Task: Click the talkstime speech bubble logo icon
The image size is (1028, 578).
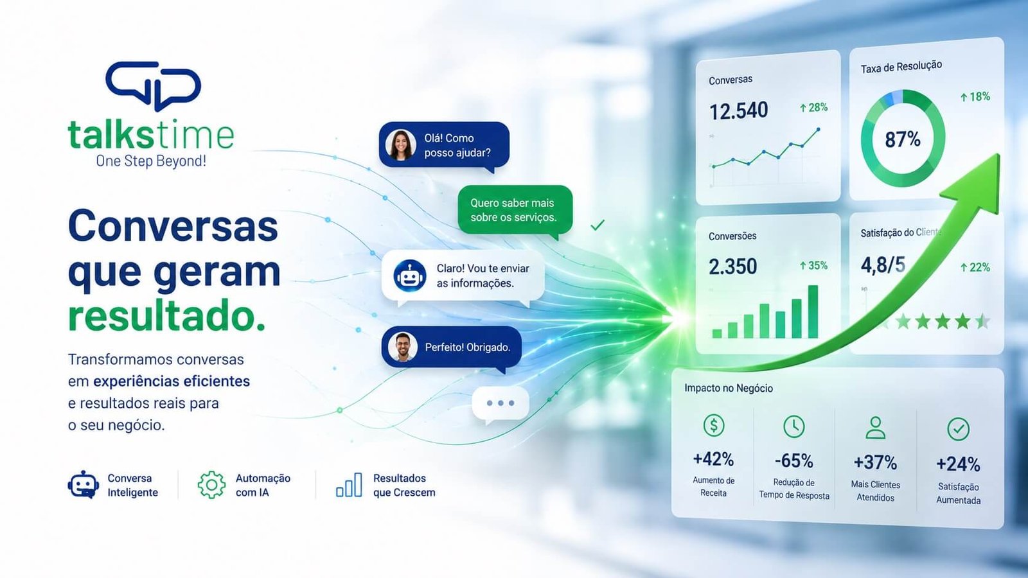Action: click(x=154, y=85)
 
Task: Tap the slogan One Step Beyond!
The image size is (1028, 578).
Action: click(x=151, y=161)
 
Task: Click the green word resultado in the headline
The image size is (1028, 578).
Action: click(x=166, y=315)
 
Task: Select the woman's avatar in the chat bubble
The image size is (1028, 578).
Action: click(x=401, y=144)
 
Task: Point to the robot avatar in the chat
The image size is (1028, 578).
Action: click(x=410, y=276)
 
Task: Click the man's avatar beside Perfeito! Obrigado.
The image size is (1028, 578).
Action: click(x=402, y=347)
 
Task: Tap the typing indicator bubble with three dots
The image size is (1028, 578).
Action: click(x=501, y=404)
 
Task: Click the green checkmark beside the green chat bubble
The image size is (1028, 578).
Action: click(x=597, y=225)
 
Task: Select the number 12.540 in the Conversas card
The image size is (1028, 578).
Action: click(x=738, y=111)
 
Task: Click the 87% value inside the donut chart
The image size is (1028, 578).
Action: click(x=903, y=139)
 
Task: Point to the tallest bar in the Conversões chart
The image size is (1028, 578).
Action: click(x=813, y=311)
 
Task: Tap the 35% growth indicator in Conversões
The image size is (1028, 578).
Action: click(x=813, y=266)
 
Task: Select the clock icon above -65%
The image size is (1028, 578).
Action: click(x=793, y=426)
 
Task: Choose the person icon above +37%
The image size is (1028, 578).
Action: click(x=875, y=428)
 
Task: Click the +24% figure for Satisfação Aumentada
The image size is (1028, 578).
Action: click(x=958, y=464)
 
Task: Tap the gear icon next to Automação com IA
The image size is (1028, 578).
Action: click(x=211, y=484)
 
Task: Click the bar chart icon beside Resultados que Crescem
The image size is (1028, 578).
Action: click(x=349, y=485)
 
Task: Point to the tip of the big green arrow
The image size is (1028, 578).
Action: click(x=999, y=155)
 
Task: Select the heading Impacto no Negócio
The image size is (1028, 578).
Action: click(x=729, y=388)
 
